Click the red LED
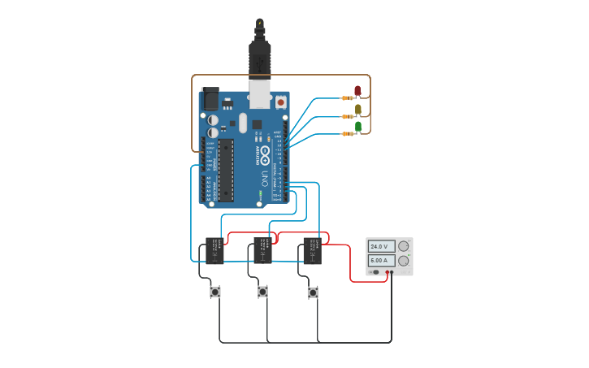coord(357,90)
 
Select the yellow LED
coord(358,108)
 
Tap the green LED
coord(358,126)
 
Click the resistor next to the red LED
coord(348,98)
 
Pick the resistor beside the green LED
coord(348,133)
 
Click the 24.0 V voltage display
coord(381,246)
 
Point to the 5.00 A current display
coord(381,261)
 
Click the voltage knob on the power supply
coord(403,246)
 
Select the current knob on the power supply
coord(403,261)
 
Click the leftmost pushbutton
coord(215,292)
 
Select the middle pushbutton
coord(262,292)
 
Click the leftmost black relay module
coord(214,251)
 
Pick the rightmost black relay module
coord(313,251)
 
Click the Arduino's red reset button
coord(281,102)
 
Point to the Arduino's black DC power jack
coord(210,99)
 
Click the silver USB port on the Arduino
coord(260,94)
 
